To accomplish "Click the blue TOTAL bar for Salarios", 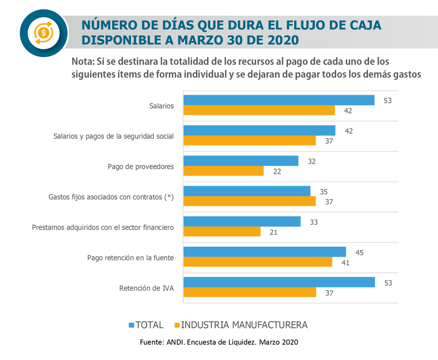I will click(279, 100).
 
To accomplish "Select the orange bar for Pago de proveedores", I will click(224, 171).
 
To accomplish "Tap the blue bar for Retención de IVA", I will click(279, 282).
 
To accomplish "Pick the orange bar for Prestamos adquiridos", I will click(222, 232).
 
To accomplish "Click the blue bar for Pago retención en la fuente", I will click(265, 252).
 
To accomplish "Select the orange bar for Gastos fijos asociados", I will click(250, 202).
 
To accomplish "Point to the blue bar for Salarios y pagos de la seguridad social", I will click(259, 130).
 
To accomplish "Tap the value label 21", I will click(273, 232).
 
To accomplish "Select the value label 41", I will click(345, 262).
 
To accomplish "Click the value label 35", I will click(323, 192).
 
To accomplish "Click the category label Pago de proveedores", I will click(141, 167).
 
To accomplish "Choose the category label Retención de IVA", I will click(146, 288).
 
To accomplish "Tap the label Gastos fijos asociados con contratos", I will click(111, 197).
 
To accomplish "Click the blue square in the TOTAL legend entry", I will click(131, 325).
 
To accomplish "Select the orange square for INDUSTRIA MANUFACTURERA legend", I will click(176, 325).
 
